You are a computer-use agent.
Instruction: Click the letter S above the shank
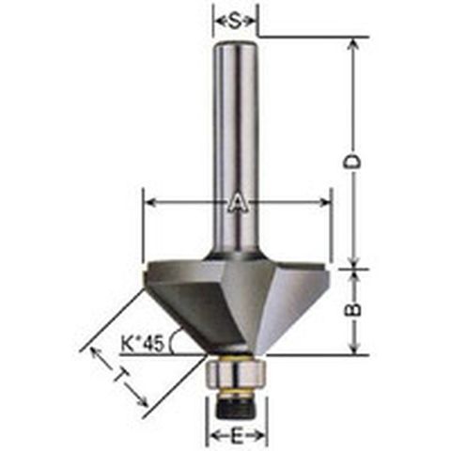coord(236,22)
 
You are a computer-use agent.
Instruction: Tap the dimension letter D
coord(354,162)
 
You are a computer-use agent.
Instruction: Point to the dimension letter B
coord(354,310)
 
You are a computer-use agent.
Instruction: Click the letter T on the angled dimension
coord(120,376)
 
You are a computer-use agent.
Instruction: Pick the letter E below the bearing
coord(237,435)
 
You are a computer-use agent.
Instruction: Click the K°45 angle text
coord(143,344)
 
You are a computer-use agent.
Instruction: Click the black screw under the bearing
coord(237,405)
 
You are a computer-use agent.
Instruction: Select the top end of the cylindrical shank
coord(236,43)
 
